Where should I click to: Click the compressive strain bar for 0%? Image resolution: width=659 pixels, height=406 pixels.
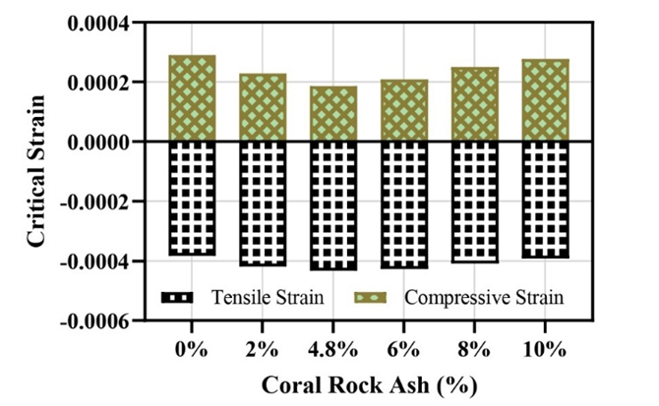[x=192, y=98]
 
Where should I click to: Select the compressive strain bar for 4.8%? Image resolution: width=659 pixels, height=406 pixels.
[x=333, y=114]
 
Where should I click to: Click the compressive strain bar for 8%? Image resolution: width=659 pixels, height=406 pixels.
[x=475, y=104]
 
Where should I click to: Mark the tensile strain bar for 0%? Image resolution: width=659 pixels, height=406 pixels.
[x=192, y=198]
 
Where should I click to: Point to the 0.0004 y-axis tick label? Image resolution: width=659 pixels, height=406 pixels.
[x=99, y=23]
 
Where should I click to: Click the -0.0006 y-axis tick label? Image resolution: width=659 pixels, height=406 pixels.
[x=95, y=321]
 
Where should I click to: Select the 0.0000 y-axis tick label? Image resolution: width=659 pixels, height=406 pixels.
[x=99, y=143]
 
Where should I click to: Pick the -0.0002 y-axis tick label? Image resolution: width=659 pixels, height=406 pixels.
[x=95, y=203]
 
